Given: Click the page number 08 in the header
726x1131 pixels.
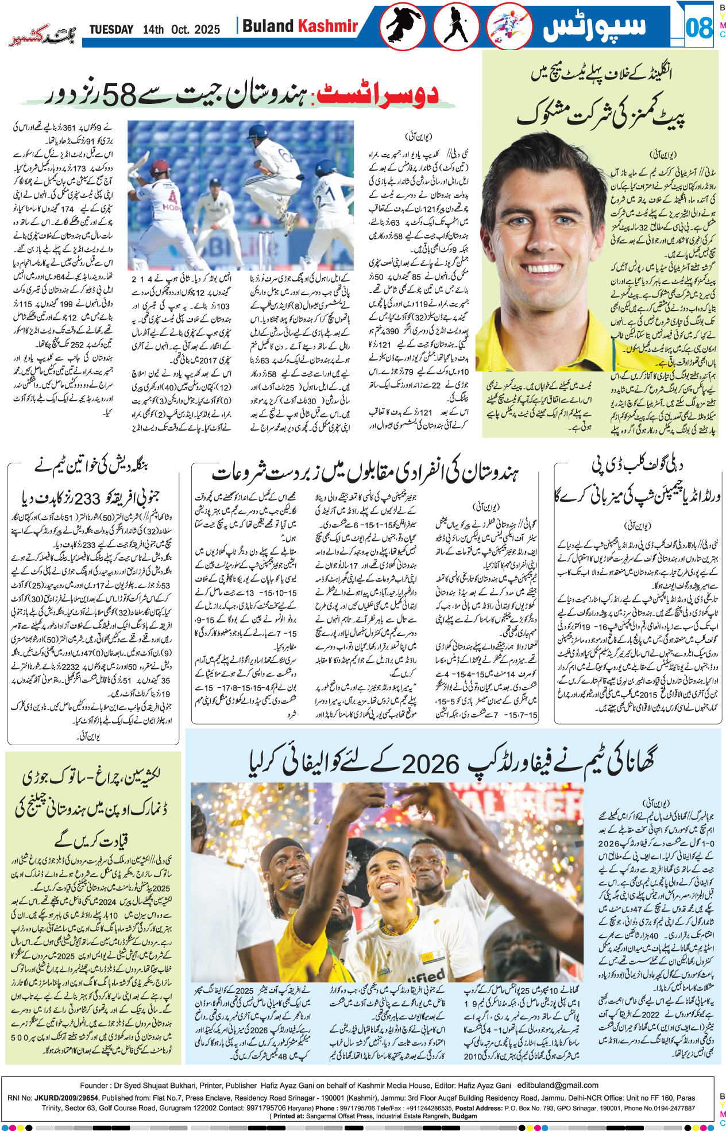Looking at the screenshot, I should (x=698, y=27).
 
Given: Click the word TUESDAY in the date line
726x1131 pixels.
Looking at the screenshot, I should (x=111, y=30).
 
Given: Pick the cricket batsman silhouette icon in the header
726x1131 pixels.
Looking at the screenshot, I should (x=455, y=26).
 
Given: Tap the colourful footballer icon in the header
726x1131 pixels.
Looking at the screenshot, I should (x=508, y=27).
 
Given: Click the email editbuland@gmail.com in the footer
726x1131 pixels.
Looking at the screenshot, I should (x=557, y=1085).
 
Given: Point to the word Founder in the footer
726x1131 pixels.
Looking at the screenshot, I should (x=94, y=1085).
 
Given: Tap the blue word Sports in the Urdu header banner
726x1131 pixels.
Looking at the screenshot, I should (x=595, y=27).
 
